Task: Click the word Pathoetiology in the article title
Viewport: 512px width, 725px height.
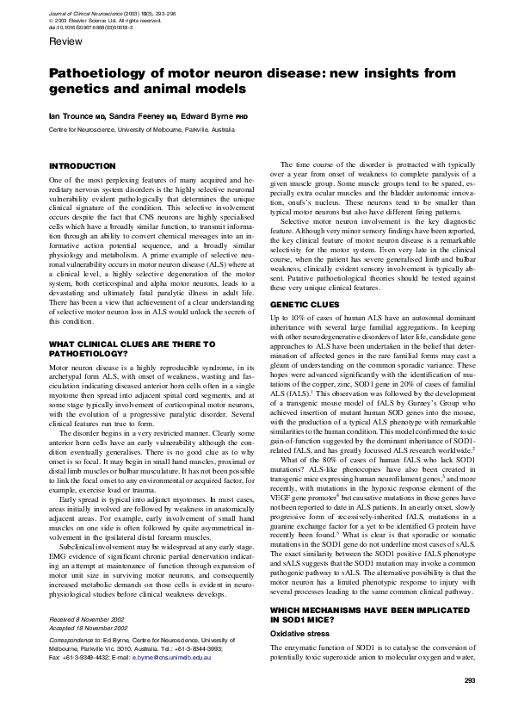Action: [x=102, y=74]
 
